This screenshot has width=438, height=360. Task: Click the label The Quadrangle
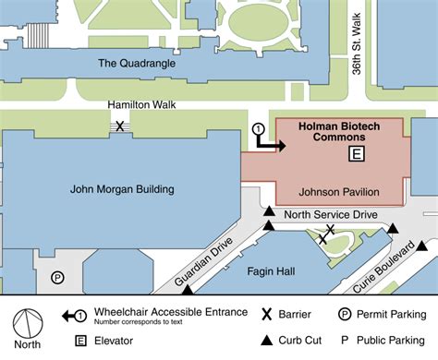click(x=136, y=63)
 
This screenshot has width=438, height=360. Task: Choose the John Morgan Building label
click(x=123, y=189)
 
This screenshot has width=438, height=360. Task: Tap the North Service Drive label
click(x=331, y=214)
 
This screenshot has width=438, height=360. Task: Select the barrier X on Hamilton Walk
click(x=119, y=126)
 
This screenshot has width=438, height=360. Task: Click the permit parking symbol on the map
click(x=57, y=276)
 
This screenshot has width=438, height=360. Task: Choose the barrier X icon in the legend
click(x=267, y=314)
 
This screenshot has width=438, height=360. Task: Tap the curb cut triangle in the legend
click(x=267, y=340)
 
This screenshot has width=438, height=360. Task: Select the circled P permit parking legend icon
click(x=343, y=314)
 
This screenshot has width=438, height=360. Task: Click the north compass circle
click(x=29, y=323)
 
